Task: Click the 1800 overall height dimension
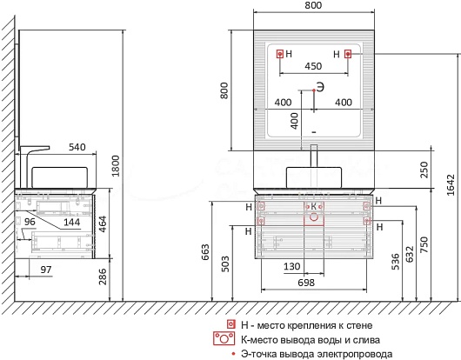(x=116, y=166)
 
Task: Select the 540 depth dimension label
(x=77, y=147)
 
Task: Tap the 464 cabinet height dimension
(x=102, y=224)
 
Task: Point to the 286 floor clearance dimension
(x=103, y=277)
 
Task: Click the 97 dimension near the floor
(x=46, y=270)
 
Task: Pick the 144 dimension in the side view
(x=72, y=222)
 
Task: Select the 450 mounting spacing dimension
(x=313, y=66)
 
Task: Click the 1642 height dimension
(x=451, y=185)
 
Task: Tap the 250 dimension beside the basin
(x=424, y=170)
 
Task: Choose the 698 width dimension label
(x=306, y=283)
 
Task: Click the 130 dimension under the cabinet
(x=292, y=267)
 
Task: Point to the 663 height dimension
(x=205, y=252)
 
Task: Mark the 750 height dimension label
(x=424, y=244)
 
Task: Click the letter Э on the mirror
(x=320, y=87)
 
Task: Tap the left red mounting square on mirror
(x=280, y=54)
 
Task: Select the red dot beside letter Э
(x=314, y=90)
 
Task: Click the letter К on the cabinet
(x=314, y=207)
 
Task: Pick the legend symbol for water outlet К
(x=224, y=338)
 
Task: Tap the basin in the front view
(x=314, y=177)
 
